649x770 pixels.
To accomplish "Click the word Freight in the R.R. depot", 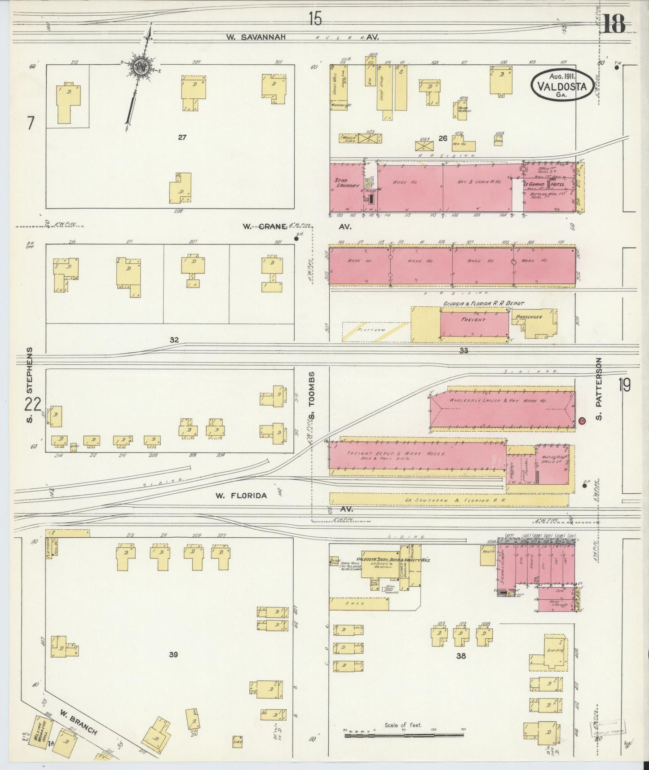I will pyautogui.click(x=473, y=320).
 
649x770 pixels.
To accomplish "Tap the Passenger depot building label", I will pyautogui.click(x=529, y=317).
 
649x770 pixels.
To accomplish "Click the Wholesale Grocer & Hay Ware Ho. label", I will pyautogui.click(x=498, y=400).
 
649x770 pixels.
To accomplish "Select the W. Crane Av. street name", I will pyautogui.click(x=265, y=227).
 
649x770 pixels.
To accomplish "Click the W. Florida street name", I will pyautogui.click(x=241, y=496).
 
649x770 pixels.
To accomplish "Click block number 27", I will pyautogui.click(x=181, y=137).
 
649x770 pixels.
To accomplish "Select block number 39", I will pyautogui.click(x=173, y=655).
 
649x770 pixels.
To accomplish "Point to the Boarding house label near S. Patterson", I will pyautogui.click(x=555, y=650).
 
